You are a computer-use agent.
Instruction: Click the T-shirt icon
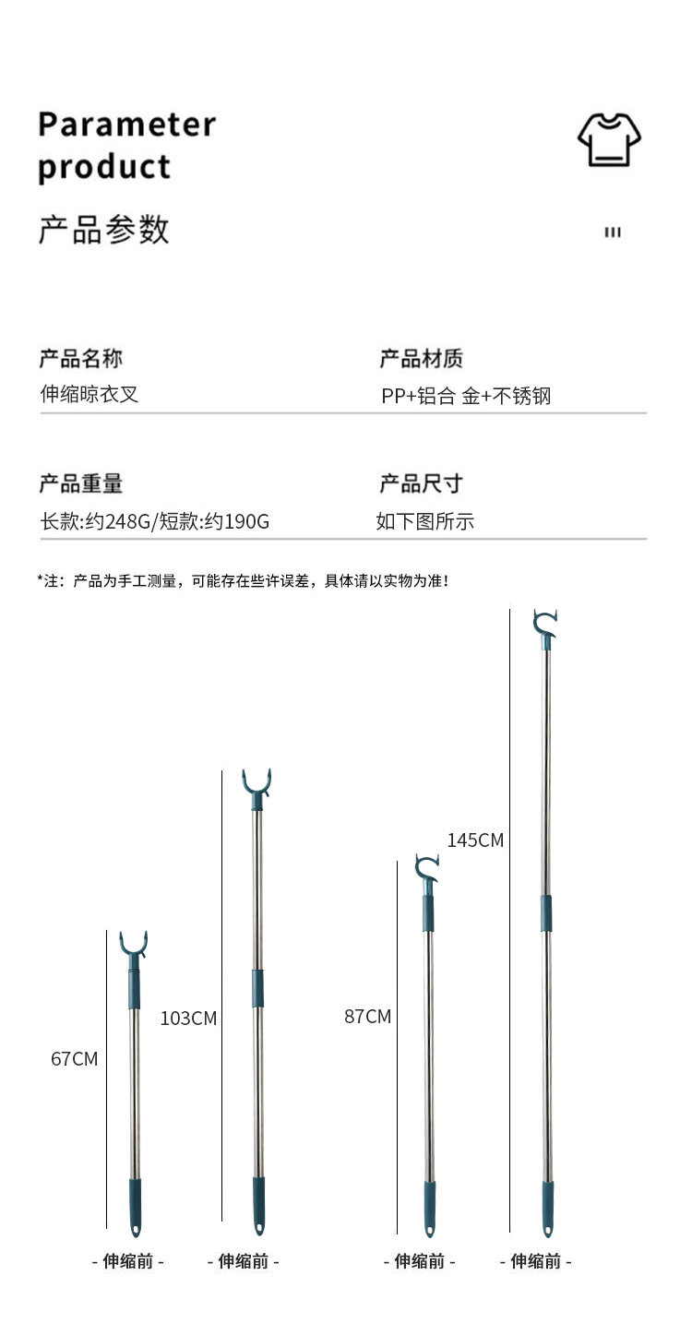(x=610, y=139)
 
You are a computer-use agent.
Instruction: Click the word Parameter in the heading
(x=127, y=124)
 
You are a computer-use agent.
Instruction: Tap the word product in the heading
(x=104, y=168)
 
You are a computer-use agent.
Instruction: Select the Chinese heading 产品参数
(x=104, y=229)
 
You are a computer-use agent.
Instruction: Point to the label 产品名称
(x=80, y=358)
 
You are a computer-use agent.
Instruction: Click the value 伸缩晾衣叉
(x=89, y=395)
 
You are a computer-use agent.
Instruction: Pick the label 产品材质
(x=422, y=358)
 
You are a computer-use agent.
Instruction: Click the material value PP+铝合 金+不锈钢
(x=466, y=397)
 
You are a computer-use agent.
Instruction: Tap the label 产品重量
(x=80, y=483)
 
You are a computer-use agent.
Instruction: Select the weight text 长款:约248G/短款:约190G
(x=154, y=521)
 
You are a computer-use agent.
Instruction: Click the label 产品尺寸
(x=422, y=483)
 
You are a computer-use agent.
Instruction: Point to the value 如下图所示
(x=424, y=521)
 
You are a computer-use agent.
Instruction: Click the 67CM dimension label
(x=74, y=1059)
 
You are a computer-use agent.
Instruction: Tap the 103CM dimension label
(x=188, y=1019)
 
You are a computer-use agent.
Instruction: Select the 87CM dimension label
(x=367, y=1017)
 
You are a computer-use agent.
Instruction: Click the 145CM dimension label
(x=475, y=840)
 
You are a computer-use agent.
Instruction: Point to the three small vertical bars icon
(x=613, y=232)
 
